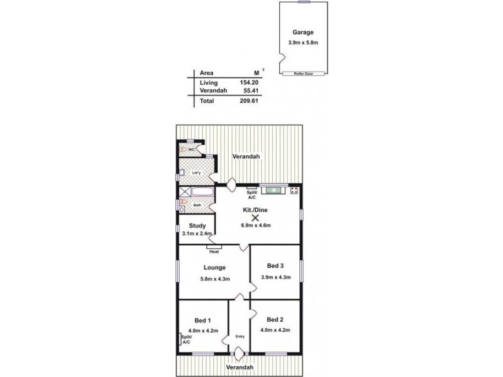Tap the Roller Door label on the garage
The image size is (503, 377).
303,74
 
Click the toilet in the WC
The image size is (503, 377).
184,150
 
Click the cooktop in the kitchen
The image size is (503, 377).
294,189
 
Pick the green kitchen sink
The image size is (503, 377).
274,189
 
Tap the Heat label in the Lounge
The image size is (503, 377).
214,252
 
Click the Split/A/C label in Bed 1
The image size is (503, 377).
186,340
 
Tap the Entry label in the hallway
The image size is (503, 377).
240,336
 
